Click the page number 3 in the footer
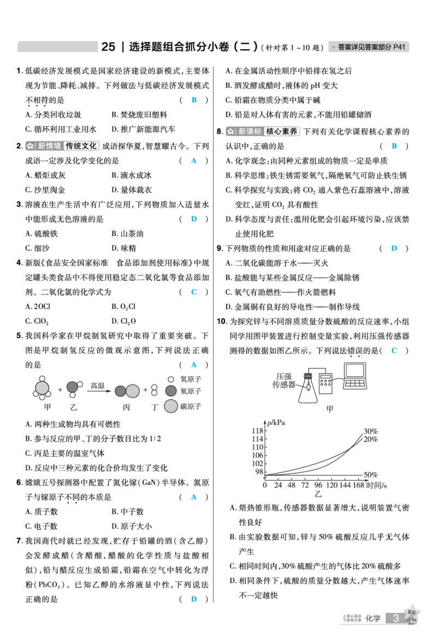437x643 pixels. click(x=395, y=618)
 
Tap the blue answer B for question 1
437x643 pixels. click(x=194, y=99)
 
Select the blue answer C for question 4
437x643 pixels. click(x=194, y=292)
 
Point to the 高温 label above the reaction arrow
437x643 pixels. click(x=98, y=386)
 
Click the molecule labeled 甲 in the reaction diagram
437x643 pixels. click(x=42, y=387)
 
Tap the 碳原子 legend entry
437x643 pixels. click(x=182, y=406)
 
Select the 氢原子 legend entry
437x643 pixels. click(x=185, y=379)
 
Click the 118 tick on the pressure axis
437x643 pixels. click(x=257, y=430)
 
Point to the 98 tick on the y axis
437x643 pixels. click(x=259, y=471)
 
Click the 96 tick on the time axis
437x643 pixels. click(x=318, y=485)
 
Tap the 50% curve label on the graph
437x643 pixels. click(x=370, y=475)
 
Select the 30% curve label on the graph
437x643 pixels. click(x=370, y=431)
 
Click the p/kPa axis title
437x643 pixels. click(x=276, y=422)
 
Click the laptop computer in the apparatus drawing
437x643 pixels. click(x=356, y=376)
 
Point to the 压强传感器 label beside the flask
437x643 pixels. click(x=284, y=381)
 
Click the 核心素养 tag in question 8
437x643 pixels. click(x=282, y=132)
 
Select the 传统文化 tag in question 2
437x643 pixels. click(x=81, y=146)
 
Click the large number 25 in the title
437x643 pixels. click(x=108, y=47)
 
